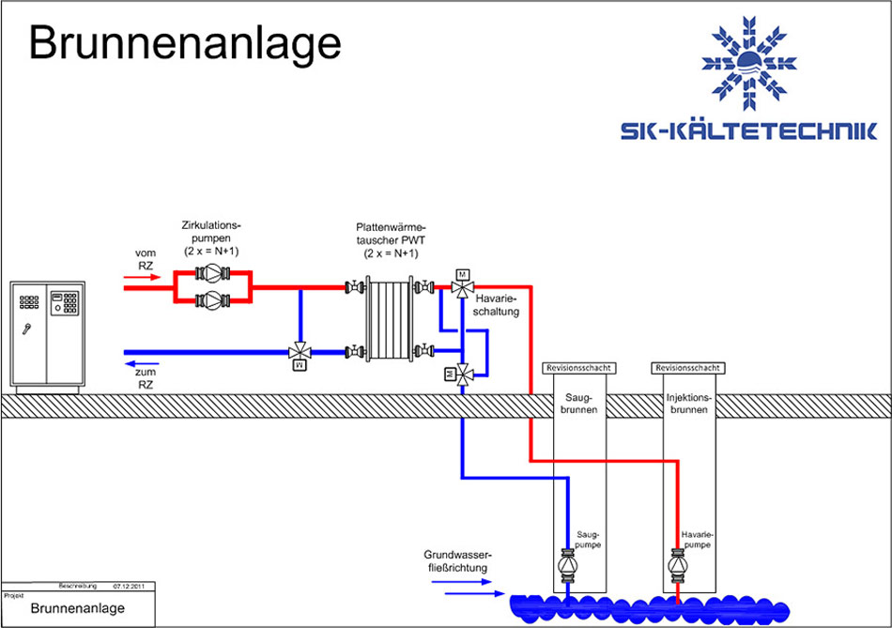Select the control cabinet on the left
[x=46, y=335]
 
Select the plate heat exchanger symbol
[x=388, y=318]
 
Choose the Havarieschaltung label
[x=497, y=304]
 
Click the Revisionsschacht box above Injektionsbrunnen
[x=689, y=369]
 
